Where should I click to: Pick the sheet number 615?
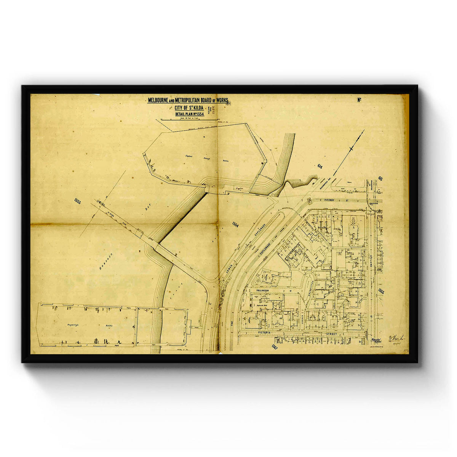(x=381, y=178)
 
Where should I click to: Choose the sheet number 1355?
(x=381, y=292)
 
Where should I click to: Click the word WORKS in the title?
(x=221, y=100)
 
